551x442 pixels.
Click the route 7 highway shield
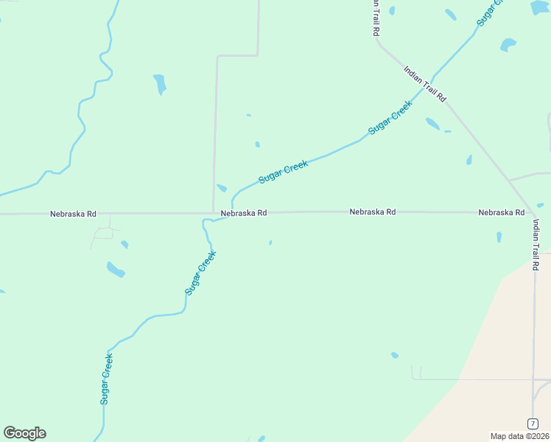pyautogui.click(x=532, y=423)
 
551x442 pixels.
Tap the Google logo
pyautogui.click(x=24, y=433)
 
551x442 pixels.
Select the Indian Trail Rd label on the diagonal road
pyautogui.click(x=425, y=83)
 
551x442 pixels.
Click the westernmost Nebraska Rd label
pyautogui.click(x=73, y=214)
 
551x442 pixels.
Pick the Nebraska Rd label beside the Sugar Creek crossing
pyautogui.click(x=243, y=212)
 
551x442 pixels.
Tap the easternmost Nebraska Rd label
pyautogui.click(x=501, y=212)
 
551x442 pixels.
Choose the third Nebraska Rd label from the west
pyautogui.click(x=372, y=211)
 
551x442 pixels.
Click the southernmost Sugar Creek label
pyautogui.click(x=106, y=379)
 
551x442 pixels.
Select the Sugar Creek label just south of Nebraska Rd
pyautogui.click(x=200, y=273)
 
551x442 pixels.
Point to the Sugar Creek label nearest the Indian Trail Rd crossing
pyautogui.click(x=390, y=116)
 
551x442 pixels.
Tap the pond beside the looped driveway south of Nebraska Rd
pyautogui.click(x=124, y=244)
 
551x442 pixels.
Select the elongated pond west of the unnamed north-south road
pyautogui.click(x=159, y=84)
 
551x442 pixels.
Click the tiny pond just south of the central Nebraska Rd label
pyautogui.click(x=270, y=242)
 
